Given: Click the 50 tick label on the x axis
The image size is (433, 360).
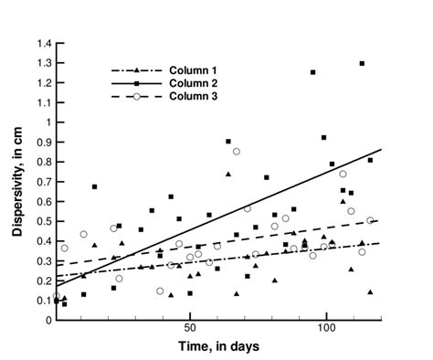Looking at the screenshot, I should point(189,327).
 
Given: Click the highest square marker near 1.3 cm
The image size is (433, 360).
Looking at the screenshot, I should point(362,63).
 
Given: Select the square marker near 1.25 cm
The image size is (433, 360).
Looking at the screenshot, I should point(312,72).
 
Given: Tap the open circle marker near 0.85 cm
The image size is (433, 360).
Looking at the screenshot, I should point(237,152).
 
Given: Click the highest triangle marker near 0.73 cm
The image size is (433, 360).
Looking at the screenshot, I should point(228,174).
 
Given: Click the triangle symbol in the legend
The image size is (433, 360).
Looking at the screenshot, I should point(136,69).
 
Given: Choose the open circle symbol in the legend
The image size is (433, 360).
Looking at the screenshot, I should point(136,97).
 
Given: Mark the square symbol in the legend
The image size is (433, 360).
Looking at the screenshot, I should point(136,83).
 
